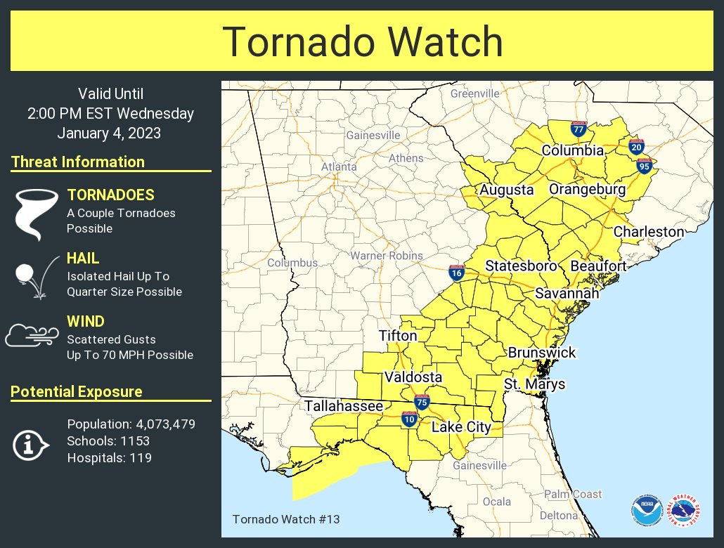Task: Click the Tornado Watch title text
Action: coord(362,42)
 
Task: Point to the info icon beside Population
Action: coord(30,444)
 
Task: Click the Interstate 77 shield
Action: coord(579,129)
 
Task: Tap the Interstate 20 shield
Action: coord(637,147)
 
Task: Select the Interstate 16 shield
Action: coord(457,273)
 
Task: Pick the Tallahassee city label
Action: coord(344,406)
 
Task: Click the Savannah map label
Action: coord(567,293)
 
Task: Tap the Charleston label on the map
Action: coord(648,231)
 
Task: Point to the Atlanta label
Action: coord(339,167)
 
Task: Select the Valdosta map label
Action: coord(413,377)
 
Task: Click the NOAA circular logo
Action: coord(646,511)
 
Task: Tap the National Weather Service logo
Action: coord(684,511)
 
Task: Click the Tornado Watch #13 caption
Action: coord(286,519)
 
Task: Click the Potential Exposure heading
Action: coord(77,391)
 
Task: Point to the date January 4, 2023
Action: coord(110,132)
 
